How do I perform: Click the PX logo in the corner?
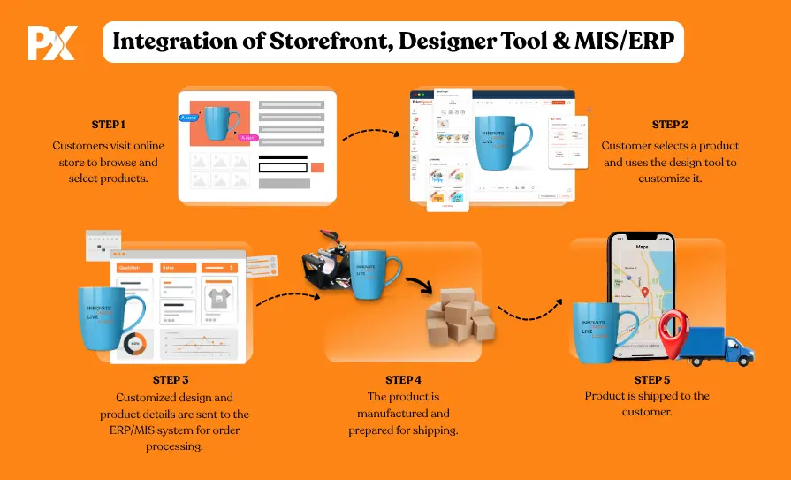click(52, 42)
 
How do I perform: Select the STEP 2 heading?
click(669, 125)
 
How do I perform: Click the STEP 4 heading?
click(404, 380)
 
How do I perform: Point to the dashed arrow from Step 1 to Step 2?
click(372, 136)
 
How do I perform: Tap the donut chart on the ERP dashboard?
click(135, 343)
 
